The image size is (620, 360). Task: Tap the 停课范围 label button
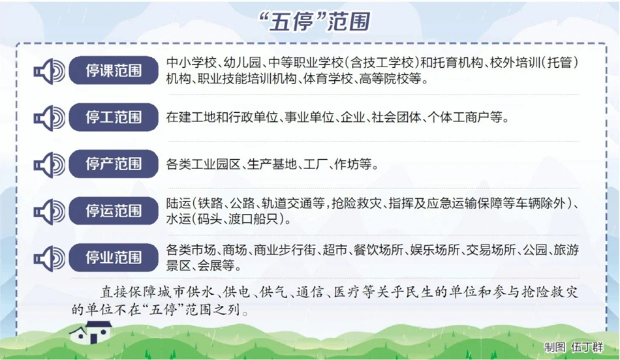pyautogui.click(x=114, y=70)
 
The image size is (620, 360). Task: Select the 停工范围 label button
pyautogui.click(x=114, y=117)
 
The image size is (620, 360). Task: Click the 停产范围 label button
pyautogui.click(x=114, y=164)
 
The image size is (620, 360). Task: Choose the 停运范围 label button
pyautogui.click(x=114, y=211)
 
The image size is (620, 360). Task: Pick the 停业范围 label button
pyautogui.click(x=114, y=257)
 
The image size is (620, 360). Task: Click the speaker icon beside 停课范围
pyautogui.click(x=50, y=71)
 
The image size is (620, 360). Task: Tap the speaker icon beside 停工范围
pyautogui.click(x=50, y=118)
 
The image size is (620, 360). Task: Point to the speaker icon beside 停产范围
pyautogui.click(x=50, y=164)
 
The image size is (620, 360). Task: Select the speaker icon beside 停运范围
pyautogui.click(x=50, y=211)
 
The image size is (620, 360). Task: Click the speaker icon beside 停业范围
pyautogui.click(x=50, y=258)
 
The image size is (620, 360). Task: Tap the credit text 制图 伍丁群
pyautogui.click(x=574, y=348)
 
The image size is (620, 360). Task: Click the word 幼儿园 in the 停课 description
pyautogui.click(x=242, y=63)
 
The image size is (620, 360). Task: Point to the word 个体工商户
pyautogui.click(x=465, y=117)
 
